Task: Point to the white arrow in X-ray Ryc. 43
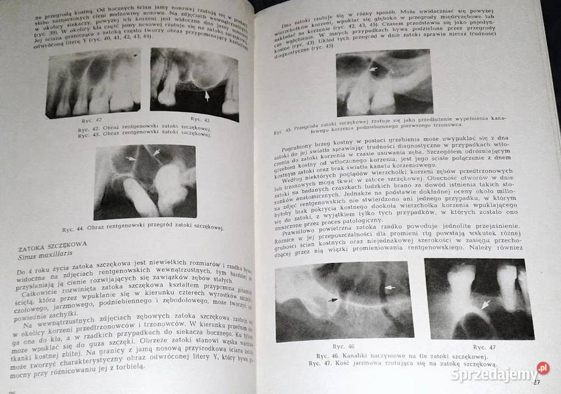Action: click(206, 94)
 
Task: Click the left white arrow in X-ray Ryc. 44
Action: click(132, 159)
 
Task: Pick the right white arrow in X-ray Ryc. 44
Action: click(157, 153)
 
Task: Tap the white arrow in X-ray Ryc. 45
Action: click(374, 70)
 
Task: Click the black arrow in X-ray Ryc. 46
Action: click(333, 300)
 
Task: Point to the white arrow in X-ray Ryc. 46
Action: click(390, 288)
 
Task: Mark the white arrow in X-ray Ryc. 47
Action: click(483, 304)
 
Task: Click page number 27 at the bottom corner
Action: click(536, 383)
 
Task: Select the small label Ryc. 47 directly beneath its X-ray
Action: click(484, 347)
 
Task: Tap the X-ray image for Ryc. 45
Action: click(383, 83)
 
